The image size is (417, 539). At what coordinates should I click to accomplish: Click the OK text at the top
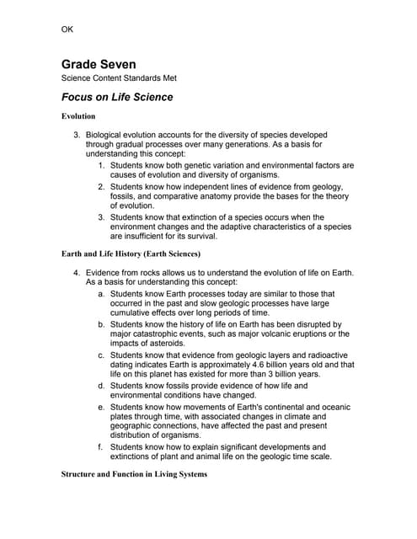(67, 30)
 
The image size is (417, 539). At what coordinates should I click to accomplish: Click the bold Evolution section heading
(78, 115)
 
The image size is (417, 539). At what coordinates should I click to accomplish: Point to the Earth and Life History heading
(131, 253)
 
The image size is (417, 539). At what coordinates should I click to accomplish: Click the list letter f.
(101, 447)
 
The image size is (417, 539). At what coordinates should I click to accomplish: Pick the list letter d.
(101, 386)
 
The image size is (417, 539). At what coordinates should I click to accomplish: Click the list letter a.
(101, 293)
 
